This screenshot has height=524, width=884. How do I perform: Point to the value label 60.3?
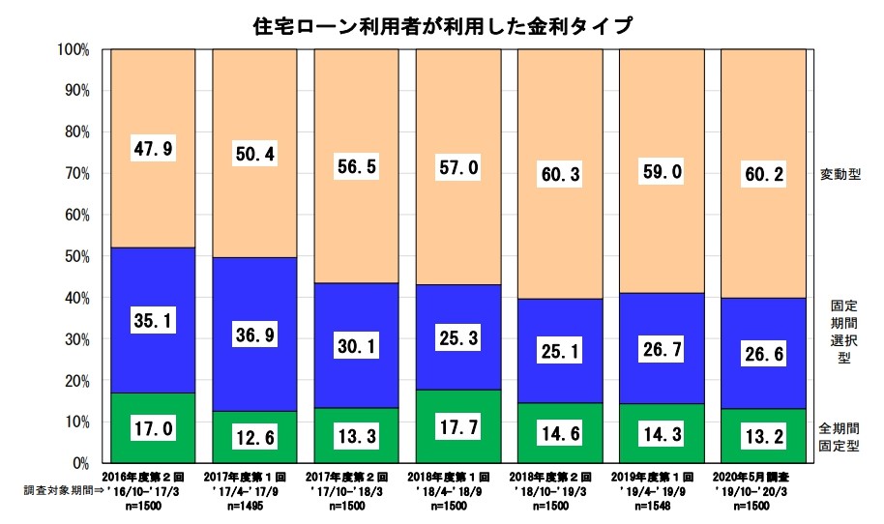[561, 175]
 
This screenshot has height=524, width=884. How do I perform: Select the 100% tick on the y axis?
[74, 49]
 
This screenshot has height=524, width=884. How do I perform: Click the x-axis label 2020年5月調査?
[764, 478]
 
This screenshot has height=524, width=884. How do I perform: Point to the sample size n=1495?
[256, 504]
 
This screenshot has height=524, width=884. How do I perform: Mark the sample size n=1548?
[663, 504]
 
